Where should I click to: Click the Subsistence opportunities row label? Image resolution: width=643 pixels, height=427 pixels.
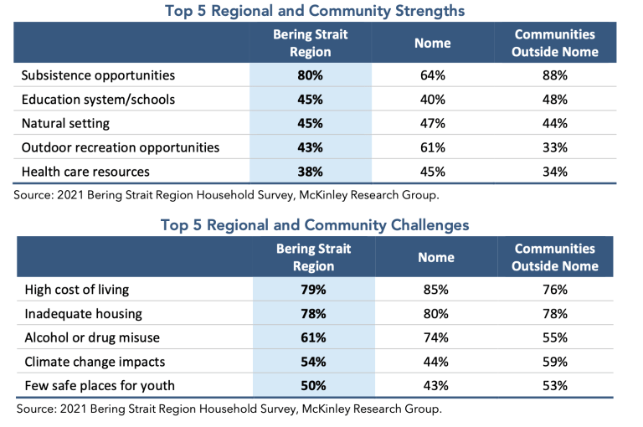(x=98, y=75)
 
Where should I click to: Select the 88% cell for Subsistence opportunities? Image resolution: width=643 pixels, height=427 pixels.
(x=555, y=75)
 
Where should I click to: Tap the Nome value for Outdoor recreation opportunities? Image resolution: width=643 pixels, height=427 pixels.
(x=433, y=147)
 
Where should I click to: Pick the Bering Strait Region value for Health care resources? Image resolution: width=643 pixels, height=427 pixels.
(x=310, y=172)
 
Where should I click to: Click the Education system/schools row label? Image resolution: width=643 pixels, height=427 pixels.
(x=98, y=100)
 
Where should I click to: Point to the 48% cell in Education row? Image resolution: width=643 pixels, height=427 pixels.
(x=555, y=100)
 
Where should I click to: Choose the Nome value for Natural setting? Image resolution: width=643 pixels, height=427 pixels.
(x=433, y=123)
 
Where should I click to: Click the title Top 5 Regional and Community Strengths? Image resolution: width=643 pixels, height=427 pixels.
(x=315, y=11)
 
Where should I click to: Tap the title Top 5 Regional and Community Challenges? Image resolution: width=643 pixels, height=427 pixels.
(x=315, y=224)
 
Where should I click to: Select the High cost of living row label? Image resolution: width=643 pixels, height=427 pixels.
(x=77, y=290)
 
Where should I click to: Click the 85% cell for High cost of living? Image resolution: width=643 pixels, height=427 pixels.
(x=436, y=290)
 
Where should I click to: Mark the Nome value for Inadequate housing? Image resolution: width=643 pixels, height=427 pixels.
(x=436, y=314)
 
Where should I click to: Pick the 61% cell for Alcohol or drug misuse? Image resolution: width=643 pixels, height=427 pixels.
(x=313, y=337)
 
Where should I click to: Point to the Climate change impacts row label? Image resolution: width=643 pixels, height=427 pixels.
(x=95, y=362)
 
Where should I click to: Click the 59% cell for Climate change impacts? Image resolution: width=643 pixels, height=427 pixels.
(x=555, y=362)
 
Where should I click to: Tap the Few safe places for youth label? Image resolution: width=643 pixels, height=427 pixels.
(x=100, y=386)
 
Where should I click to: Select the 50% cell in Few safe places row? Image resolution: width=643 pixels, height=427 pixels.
(x=313, y=386)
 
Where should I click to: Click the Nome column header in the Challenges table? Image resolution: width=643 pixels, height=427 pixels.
(x=436, y=257)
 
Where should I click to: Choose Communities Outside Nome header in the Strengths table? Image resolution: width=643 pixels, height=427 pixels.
(x=555, y=43)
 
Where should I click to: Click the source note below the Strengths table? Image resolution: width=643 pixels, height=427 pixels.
(x=226, y=195)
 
